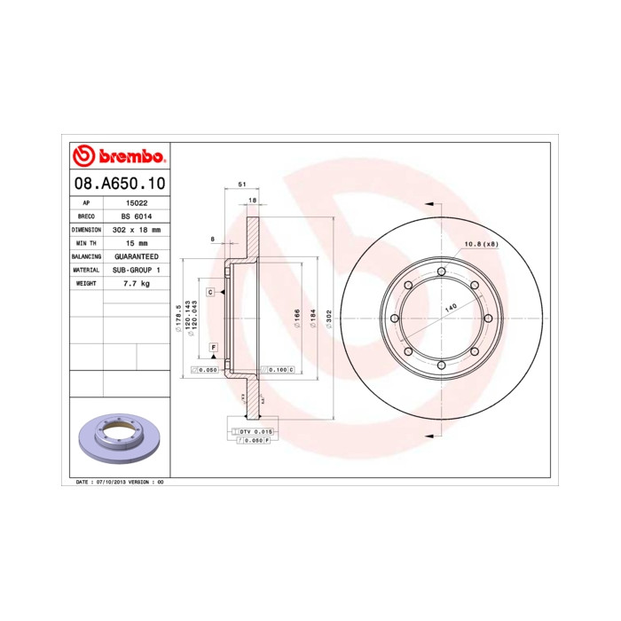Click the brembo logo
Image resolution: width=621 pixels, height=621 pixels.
(x=118, y=156)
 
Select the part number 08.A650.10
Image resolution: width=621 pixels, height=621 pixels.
(x=117, y=185)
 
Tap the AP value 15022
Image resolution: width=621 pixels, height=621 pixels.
(x=136, y=203)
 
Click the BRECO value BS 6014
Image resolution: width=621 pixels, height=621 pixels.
(x=136, y=216)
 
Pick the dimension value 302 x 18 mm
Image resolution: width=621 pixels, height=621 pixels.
(x=136, y=229)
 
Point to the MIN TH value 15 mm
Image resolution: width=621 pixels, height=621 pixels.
(x=136, y=242)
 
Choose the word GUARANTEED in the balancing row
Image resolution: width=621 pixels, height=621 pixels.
(x=136, y=255)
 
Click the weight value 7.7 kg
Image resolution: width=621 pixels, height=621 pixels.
(x=136, y=282)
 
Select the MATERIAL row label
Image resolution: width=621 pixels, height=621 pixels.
(x=86, y=269)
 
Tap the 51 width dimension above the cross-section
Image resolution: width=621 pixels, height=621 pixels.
(x=241, y=184)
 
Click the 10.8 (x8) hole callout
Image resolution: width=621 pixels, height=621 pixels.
(x=480, y=244)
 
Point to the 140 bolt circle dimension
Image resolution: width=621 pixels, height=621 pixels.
(x=451, y=306)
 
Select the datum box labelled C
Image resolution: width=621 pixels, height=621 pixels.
(x=211, y=291)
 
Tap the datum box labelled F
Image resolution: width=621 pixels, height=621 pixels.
(x=213, y=346)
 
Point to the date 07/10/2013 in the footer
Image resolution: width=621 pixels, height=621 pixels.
(x=108, y=481)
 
